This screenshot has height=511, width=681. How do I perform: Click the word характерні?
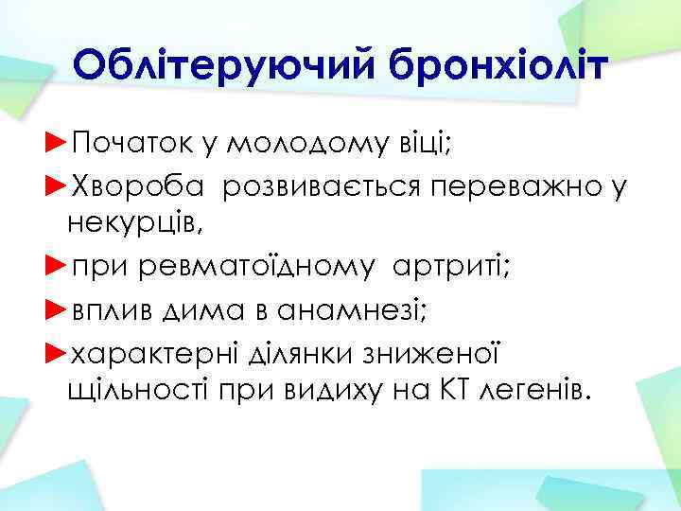150,349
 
